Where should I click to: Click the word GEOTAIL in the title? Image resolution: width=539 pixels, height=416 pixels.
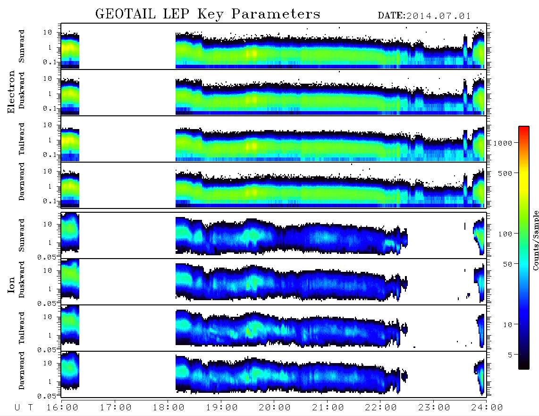[126, 14]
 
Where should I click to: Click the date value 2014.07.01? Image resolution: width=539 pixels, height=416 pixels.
[438, 16]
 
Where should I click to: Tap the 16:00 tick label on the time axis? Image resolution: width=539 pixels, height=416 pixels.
[63, 408]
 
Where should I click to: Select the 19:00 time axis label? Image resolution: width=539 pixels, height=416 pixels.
[222, 408]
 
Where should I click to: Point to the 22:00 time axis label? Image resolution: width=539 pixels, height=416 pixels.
[381, 408]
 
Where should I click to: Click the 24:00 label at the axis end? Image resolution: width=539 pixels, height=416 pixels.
[487, 408]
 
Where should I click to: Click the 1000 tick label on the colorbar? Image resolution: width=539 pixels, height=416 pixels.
[503, 143]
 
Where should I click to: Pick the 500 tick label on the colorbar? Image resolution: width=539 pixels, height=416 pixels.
[505, 173]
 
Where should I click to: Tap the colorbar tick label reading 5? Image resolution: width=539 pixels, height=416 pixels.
[510, 355]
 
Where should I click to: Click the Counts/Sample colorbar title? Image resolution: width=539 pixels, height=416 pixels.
[535, 240]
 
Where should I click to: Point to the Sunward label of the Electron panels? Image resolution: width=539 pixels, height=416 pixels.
[22, 46]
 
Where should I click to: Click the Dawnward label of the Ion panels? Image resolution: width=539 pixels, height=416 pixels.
[22, 371]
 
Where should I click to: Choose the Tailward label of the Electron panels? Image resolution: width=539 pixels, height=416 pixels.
[22, 139]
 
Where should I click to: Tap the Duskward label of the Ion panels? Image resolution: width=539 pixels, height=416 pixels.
[22, 280]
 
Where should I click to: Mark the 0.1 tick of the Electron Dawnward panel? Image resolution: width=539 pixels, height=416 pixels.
[50, 201]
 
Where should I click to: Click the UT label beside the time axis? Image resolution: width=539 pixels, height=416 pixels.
[24, 408]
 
